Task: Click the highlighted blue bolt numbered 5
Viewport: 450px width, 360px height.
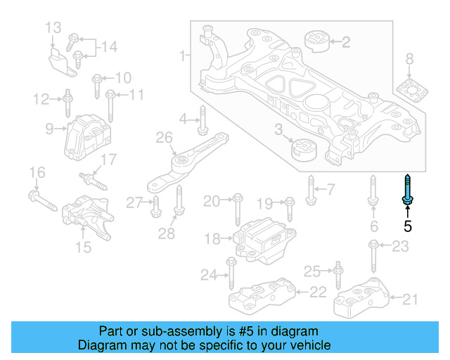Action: [407, 190]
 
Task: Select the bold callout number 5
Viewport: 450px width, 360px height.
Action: [407, 226]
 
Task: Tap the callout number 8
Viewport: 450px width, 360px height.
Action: [409, 60]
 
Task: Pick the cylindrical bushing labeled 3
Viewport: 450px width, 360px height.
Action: [304, 149]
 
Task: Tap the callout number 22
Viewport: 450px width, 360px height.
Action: [318, 292]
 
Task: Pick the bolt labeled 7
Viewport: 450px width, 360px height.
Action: [310, 188]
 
